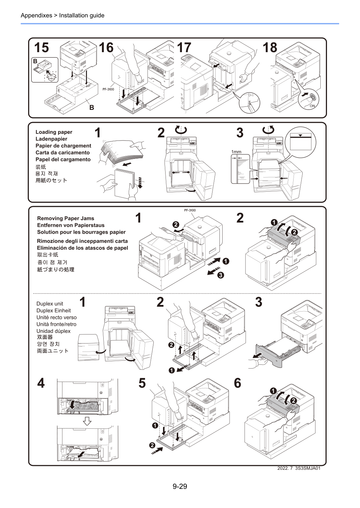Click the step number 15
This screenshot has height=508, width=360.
click(x=41, y=48)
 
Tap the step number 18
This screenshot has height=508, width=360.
click(x=270, y=48)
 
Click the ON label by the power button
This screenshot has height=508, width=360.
click(x=312, y=106)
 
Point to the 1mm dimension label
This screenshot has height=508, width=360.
click(x=236, y=152)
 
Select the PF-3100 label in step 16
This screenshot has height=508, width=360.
click(x=108, y=89)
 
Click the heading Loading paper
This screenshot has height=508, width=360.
click(x=54, y=132)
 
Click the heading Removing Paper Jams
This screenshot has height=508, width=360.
click(x=65, y=218)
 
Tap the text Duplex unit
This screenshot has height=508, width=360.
click(x=50, y=304)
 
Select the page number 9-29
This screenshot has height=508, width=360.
click(x=180, y=486)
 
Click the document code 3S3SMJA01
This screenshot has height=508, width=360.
click(x=307, y=468)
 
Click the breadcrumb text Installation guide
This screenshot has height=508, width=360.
click(x=82, y=15)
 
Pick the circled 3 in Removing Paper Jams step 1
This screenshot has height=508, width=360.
click(x=221, y=275)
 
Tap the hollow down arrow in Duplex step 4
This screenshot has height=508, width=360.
click(x=87, y=421)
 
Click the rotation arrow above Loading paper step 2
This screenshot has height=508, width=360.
click(x=181, y=130)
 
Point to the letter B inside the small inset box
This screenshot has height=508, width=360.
click(x=35, y=61)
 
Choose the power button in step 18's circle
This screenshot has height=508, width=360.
click(x=312, y=97)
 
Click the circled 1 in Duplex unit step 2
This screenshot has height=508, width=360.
click(x=172, y=370)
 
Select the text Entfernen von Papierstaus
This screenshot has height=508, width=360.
click(x=71, y=225)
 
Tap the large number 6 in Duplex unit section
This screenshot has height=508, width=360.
click(x=238, y=383)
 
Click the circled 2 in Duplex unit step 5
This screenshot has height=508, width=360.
click(x=152, y=445)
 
